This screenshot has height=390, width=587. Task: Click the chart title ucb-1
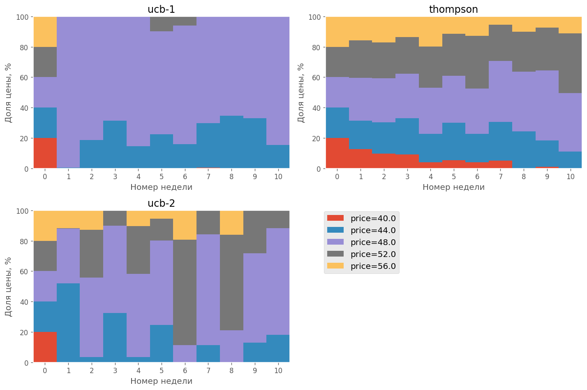pos(161,9)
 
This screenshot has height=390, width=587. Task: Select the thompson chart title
pos(453,9)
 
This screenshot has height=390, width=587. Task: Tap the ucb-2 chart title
pos(161,203)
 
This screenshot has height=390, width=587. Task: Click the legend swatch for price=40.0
pos(335,218)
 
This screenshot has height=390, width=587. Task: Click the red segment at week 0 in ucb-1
pos(45,153)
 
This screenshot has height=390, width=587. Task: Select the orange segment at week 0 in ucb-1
pos(45,32)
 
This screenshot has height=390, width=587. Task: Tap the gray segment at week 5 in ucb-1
pos(162,24)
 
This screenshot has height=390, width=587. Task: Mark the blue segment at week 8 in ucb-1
pos(231,142)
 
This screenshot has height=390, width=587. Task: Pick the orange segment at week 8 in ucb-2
pos(231,223)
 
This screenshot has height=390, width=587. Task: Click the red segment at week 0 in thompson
pos(337,153)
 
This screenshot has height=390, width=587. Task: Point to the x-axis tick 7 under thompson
pos(500,177)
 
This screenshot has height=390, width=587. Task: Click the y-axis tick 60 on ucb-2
pos(25,272)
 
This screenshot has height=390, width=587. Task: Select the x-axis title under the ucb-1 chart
pos(161,187)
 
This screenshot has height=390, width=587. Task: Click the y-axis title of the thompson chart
pos(301,93)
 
